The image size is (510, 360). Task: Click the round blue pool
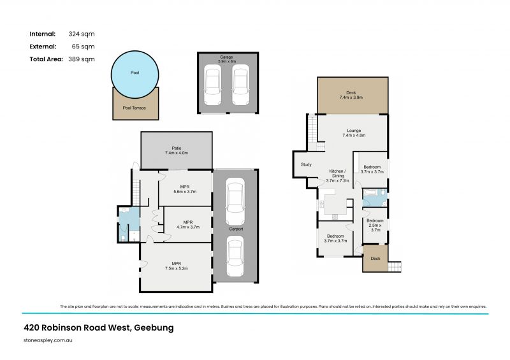point(135,73)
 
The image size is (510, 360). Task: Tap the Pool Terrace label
point(135,108)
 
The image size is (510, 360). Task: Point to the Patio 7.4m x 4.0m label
point(176,151)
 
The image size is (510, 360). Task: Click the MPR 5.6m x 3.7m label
point(185,189)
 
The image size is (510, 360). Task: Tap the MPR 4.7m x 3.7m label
point(187,224)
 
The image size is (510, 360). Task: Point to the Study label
point(305,166)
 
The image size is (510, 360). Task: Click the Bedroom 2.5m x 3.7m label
point(374,225)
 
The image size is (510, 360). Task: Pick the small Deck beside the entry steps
point(375,259)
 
